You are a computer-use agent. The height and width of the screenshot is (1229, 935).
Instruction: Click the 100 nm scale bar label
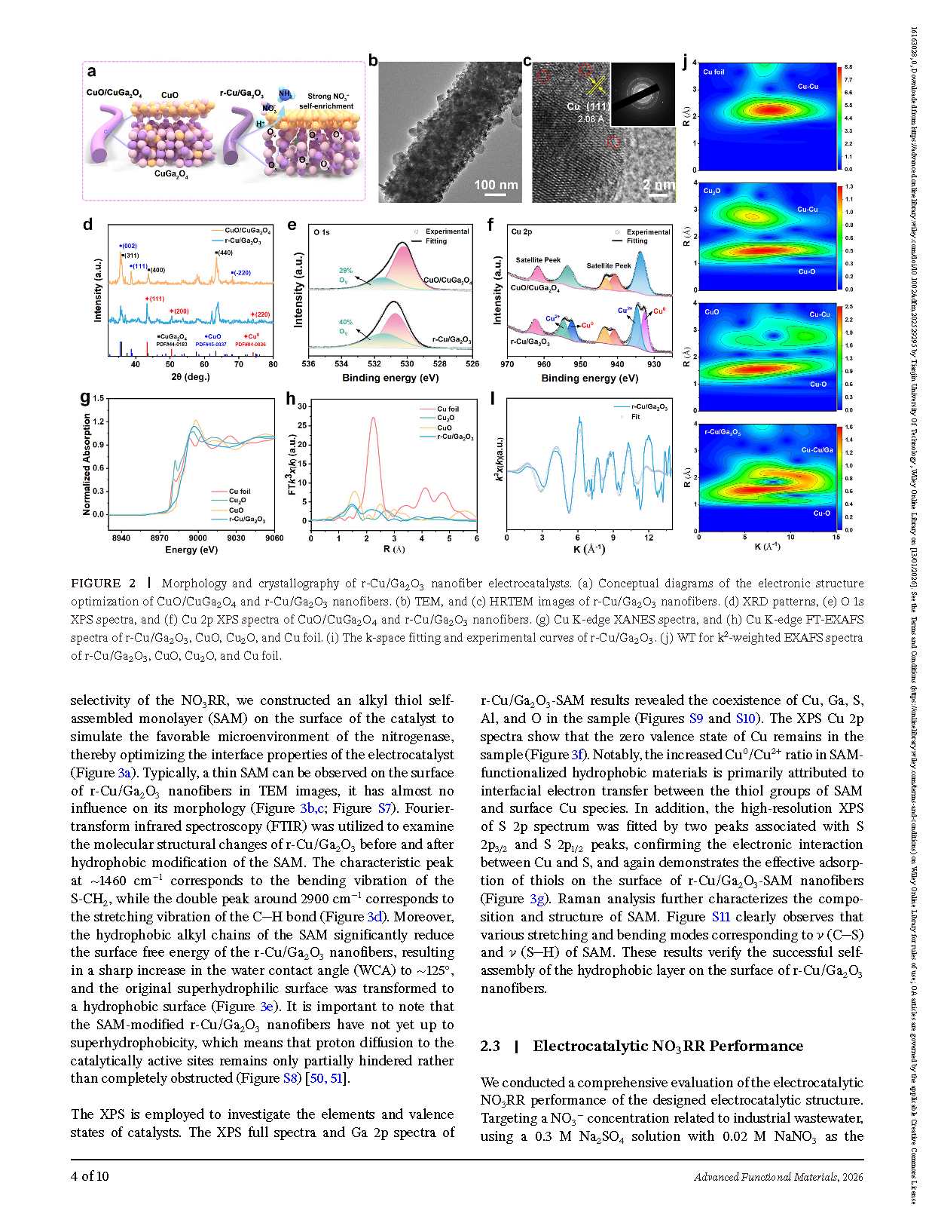tap(495, 185)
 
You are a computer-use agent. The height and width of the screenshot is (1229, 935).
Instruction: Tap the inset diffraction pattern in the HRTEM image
tap(643, 93)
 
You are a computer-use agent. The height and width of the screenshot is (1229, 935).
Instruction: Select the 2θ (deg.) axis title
tap(191, 377)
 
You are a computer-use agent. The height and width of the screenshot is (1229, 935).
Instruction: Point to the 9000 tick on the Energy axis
tap(197, 538)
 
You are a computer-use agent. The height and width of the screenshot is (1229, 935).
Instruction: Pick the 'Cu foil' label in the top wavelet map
tap(713, 72)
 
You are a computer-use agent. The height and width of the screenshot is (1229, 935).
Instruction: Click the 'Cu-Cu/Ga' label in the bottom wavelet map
tap(817, 450)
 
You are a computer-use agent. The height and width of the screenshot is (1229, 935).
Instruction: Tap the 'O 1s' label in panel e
tap(322, 232)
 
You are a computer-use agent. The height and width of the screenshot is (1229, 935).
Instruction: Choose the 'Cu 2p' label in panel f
tap(521, 231)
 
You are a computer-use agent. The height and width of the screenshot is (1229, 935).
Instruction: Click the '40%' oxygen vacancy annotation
tap(346, 322)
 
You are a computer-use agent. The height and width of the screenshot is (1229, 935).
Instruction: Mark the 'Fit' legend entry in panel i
tap(635, 417)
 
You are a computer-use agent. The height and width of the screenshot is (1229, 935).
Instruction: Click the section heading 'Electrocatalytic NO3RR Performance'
tap(668, 1046)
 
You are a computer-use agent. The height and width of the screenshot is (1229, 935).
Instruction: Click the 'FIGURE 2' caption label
tap(103, 583)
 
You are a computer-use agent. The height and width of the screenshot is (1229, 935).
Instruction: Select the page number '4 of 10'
tap(90, 1175)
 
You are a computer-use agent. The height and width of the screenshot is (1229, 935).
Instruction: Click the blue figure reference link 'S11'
tap(720, 917)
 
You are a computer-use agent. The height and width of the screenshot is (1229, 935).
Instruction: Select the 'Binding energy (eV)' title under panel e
tap(390, 378)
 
